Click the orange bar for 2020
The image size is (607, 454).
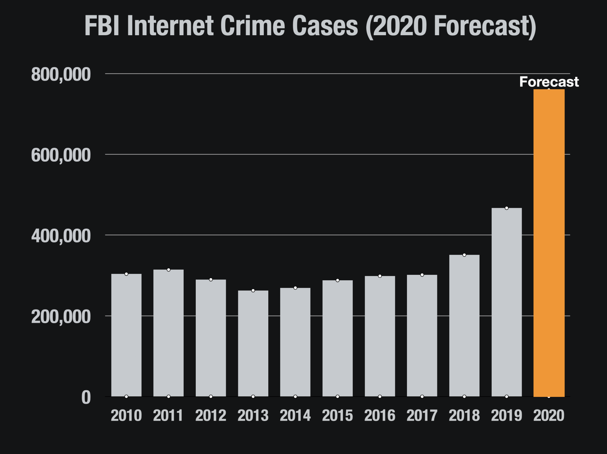click(x=549, y=243)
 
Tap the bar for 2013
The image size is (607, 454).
click(x=253, y=343)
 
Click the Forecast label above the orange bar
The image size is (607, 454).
click(x=549, y=82)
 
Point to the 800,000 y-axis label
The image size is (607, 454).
click(x=61, y=74)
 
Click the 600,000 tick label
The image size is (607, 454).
click(x=61, y=155)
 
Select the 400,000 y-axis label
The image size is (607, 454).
click(x=61, y=236)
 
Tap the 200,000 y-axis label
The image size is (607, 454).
click(x=61, y=317)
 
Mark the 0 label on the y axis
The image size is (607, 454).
click(x=86, y=397)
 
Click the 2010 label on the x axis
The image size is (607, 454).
click(x=126, y=415)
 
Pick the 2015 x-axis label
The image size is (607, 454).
click(x=337, y=415)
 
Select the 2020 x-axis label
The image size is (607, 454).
click(x=549, y=415)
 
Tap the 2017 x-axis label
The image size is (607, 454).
click(x=422, y=415)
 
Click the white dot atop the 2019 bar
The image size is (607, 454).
click(x=507, y=208)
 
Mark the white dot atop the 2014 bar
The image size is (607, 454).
click(x=295, y=288)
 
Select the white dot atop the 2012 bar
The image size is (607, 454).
click(x=211, y=280)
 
